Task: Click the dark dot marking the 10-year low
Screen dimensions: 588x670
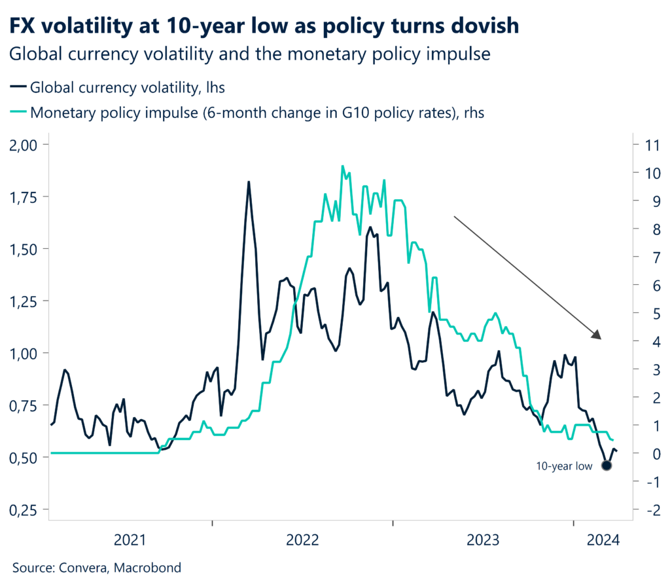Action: pos(606,466)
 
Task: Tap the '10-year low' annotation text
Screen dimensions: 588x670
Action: pos(564,466)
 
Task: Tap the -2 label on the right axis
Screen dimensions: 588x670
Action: pos(649,509)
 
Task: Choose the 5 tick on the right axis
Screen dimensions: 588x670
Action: pos(651,313)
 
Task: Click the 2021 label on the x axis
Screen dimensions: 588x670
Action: pos(130,540)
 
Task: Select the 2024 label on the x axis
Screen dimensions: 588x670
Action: pos(603,540)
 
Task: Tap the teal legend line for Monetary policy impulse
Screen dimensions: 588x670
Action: pos(18,113)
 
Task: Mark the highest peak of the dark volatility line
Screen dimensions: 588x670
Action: pos(249,181)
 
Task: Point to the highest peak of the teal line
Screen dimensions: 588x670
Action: pos(342,166)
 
